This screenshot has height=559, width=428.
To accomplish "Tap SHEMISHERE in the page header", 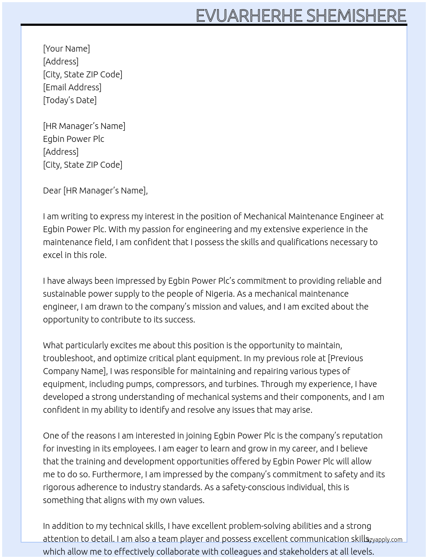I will pos(356,15).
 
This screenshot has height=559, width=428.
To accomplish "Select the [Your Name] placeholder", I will pos(66,49).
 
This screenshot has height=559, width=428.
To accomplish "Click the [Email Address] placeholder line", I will pos(72,87).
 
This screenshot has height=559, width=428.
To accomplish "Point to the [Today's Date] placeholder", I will pos(70,100).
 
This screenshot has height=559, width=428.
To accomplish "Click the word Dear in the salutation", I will pos(52,190).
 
